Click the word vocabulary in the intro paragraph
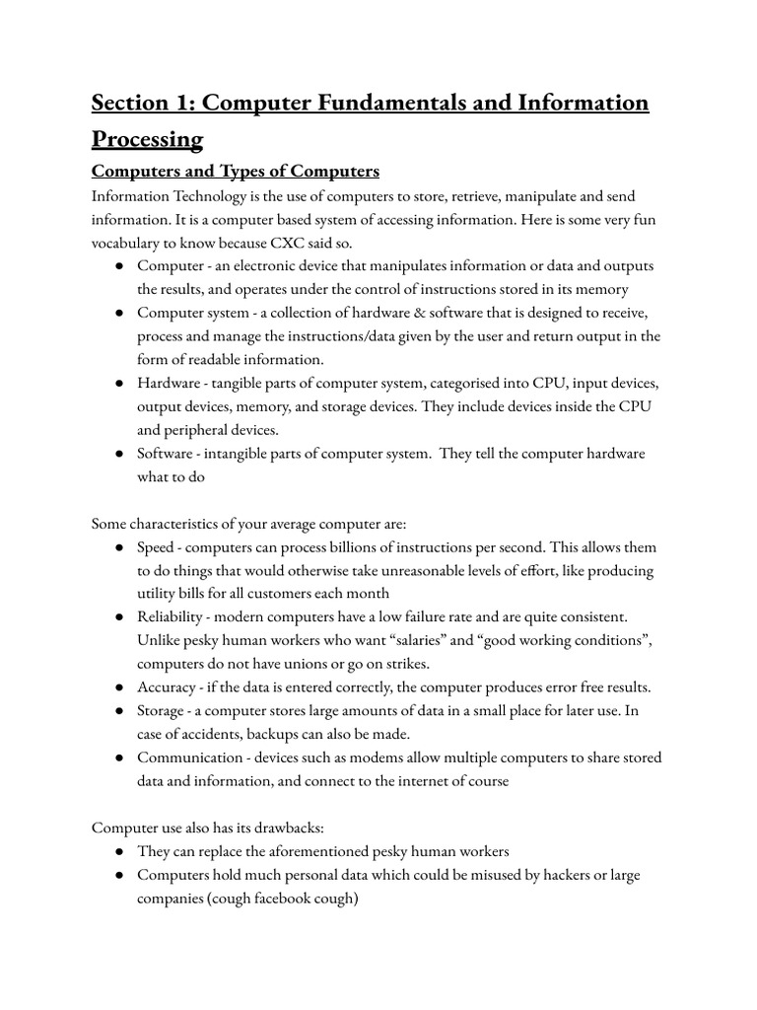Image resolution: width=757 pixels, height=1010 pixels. pyautogui.click(x=131, y=242)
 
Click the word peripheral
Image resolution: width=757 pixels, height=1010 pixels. pyautogui.click(x=204, y=430)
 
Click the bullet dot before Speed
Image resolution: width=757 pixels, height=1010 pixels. pyautogui.click(x=117, y=547)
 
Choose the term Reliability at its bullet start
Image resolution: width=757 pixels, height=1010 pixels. pyautogui.click(x=172, y=616)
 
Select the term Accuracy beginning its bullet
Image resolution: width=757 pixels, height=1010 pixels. pyautogui.click(x=170, y=687)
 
